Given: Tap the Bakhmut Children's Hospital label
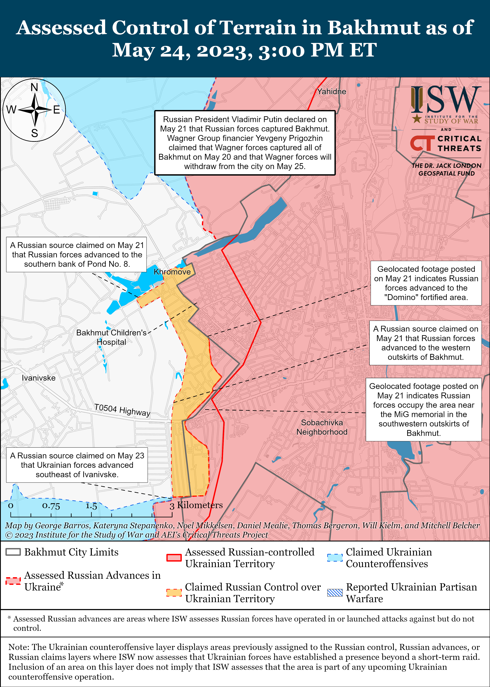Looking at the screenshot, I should point(111,337).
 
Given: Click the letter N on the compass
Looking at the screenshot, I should point(34,88).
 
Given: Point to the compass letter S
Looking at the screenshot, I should point(35,133).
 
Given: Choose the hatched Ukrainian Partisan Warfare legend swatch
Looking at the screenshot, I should point(335,593).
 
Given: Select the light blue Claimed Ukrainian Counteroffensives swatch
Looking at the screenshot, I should point(335,558).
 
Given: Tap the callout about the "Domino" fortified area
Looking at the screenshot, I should point(426,283).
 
